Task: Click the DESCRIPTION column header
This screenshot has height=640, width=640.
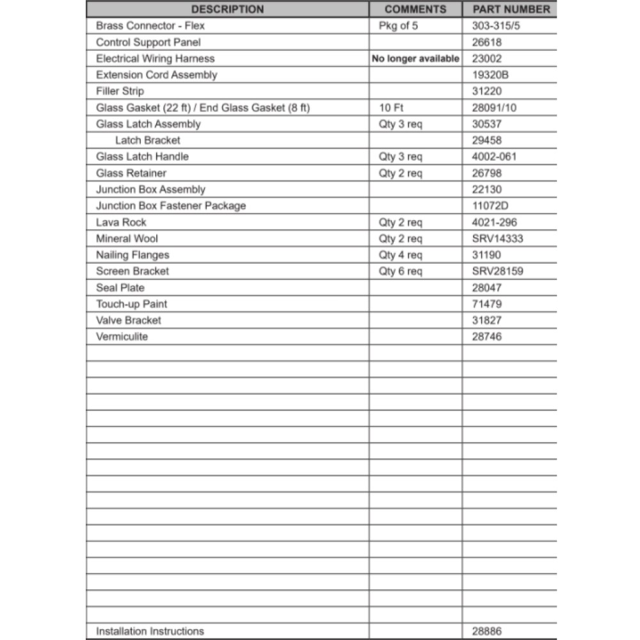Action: [227, 10]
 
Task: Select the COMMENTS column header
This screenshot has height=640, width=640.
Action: [415, 10]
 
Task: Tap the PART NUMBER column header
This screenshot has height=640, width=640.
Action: [511, 10]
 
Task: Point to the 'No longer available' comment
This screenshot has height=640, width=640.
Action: [415, 59]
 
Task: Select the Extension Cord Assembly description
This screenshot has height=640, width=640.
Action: [156, 75]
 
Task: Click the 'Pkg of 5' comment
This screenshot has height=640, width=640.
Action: [399, 26]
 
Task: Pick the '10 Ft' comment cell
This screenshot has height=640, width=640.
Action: [391, 108]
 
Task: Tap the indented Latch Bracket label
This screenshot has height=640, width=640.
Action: [148, 140]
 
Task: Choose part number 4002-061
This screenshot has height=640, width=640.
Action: [494, 157]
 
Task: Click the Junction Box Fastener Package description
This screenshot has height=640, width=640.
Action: [171, 206]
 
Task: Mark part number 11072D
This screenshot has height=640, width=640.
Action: [490, 206]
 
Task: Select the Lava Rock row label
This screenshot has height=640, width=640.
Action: [121, 222]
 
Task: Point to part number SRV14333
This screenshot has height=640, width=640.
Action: [497, 239]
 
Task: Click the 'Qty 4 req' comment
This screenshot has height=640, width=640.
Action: [401, 255]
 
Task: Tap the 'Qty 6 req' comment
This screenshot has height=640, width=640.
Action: [401, 271]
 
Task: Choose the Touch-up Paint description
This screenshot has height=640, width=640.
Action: [131, 304]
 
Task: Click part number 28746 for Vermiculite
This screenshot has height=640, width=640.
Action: [487, 337]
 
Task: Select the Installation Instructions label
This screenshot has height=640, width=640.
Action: [150, 631]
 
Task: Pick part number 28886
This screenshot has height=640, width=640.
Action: [487, 631]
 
